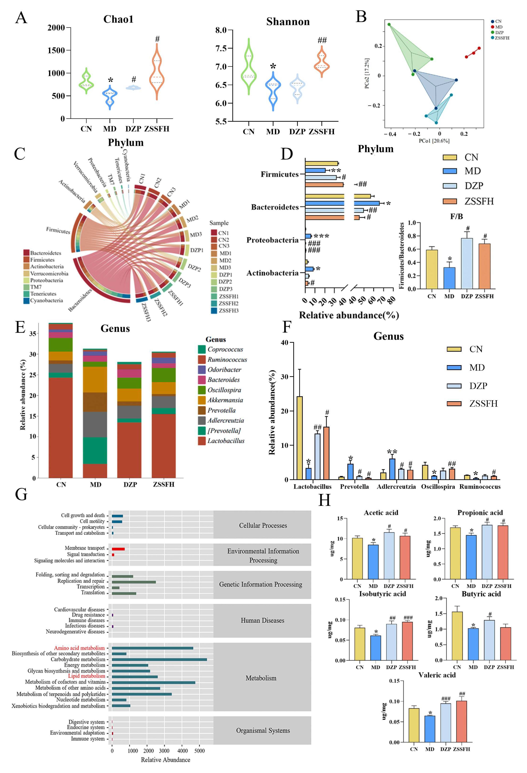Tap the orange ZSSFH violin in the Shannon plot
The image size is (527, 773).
321,63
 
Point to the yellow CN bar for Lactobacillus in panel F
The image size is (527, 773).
300,437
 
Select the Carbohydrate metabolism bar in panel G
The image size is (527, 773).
159,659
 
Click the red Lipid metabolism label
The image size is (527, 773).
87,676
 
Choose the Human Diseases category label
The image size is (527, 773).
263,620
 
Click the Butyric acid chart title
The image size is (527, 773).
481,594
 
